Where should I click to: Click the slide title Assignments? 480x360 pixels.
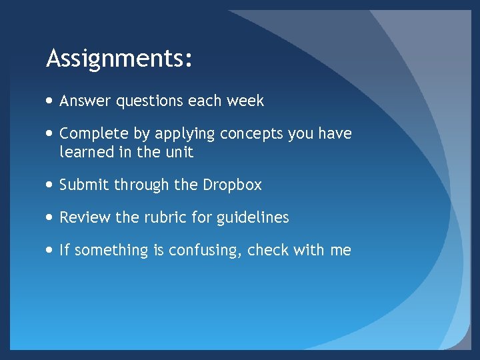pos(119,59)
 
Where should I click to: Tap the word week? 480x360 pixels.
pos(245,101)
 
